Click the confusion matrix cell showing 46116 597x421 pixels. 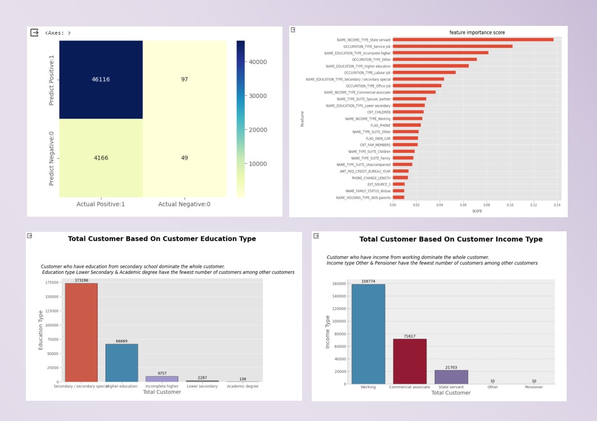click(101, 79)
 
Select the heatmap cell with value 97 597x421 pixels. click(185, 79)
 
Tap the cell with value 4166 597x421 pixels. click(101, 158)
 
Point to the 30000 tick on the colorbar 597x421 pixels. click(258, 96)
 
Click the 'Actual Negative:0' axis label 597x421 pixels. click(185, 204)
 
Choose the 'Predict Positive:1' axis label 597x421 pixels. click(52, 79)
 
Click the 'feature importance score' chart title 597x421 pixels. click(477, 33)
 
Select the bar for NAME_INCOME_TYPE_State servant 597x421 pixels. click(473, 39)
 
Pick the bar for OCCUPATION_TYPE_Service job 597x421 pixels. click(452, 46)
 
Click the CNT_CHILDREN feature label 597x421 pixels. click(379, 112)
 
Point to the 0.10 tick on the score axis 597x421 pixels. click(510, 205)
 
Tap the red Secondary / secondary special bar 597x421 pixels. click(81, 332)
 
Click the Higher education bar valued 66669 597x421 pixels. click(122, 362)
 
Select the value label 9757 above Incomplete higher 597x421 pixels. click(161, 373)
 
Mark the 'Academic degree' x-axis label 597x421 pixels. click(243, 387)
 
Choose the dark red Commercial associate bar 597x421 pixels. click(410, 361)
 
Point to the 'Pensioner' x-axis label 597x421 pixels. click(534, 387)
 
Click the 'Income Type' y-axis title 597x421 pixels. click(328, 332)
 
